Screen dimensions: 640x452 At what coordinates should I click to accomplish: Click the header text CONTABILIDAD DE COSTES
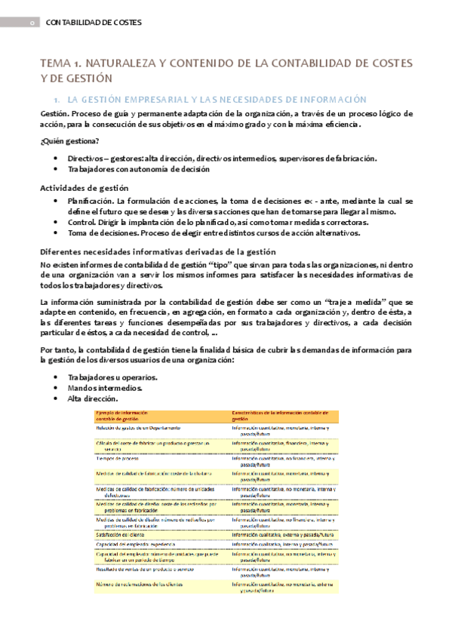pos(94,23)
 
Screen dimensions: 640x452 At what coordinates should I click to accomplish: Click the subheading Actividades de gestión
pos(84,187)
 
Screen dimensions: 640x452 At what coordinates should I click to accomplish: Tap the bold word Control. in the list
pos(81,223)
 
